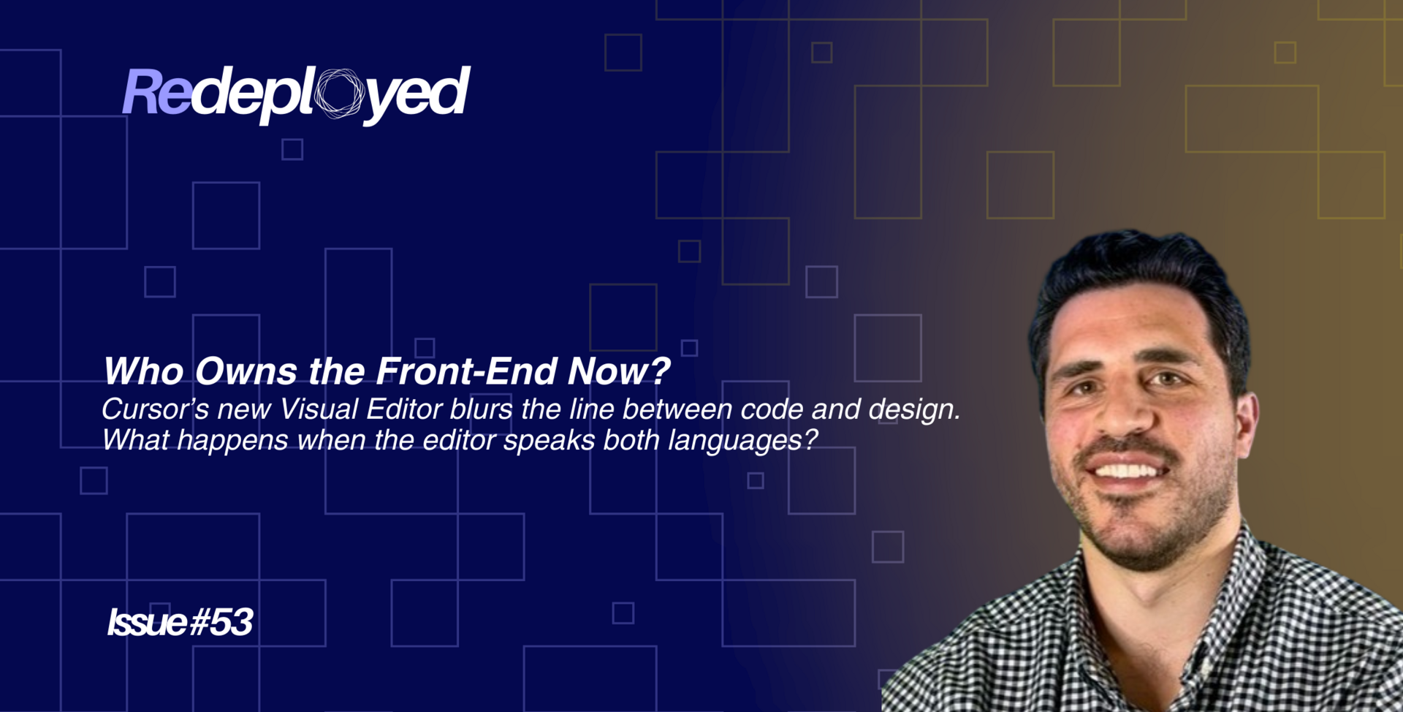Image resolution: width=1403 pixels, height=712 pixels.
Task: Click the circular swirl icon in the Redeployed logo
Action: pos(339,93)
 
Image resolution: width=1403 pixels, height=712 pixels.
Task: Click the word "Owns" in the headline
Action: pos(246,371)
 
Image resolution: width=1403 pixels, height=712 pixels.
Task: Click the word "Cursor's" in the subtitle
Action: pos(155,409)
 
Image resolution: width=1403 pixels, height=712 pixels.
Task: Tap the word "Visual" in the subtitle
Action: pos(319,409)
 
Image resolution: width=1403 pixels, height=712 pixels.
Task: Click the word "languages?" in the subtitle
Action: pos(742,441)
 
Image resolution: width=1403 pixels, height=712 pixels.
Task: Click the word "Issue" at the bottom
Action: pos(147,622)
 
